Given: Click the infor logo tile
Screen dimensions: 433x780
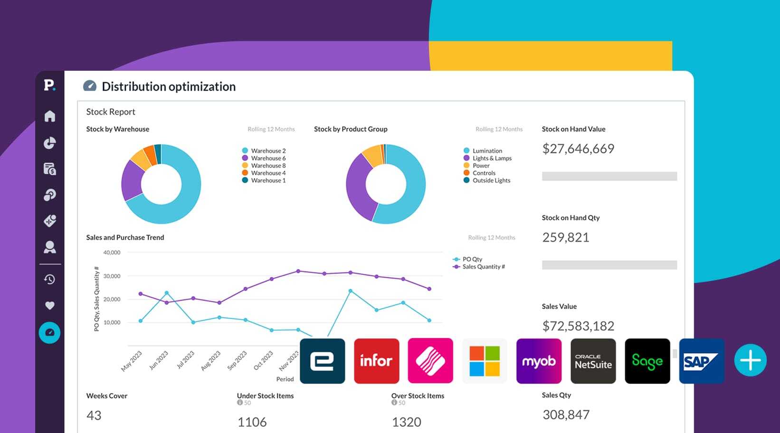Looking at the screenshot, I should (376, 361).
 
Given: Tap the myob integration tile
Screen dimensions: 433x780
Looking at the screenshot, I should (539, 361).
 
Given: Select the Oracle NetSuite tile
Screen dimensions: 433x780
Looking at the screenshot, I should (593, 361).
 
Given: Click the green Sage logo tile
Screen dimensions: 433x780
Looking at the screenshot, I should (647, 361).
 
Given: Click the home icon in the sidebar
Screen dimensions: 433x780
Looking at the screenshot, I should (50, 116).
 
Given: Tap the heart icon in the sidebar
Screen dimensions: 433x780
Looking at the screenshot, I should (50, 305).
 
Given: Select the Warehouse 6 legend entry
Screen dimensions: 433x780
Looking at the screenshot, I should (268, 158).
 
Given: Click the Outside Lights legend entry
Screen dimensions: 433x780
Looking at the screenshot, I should (491, 180).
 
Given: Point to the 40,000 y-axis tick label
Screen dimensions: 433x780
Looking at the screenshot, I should (112, 253).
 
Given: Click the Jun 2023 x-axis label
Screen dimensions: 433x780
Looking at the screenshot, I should (159, 360).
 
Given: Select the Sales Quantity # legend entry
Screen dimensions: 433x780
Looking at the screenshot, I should (483, 267).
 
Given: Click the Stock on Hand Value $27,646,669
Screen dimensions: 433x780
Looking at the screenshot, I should (578, 149).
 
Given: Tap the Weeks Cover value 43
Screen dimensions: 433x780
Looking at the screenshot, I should (94, 415).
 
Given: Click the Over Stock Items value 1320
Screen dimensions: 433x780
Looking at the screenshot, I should (406, 422).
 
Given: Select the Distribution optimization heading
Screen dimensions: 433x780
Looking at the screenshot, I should (169, 86).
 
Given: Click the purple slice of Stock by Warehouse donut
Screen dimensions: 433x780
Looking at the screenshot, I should (132, 180).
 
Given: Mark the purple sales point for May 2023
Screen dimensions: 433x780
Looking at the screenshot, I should (140, 294).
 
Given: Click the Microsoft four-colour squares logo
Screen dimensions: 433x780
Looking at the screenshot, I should (485, 361).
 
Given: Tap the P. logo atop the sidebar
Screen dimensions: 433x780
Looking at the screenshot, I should (49, 85).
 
